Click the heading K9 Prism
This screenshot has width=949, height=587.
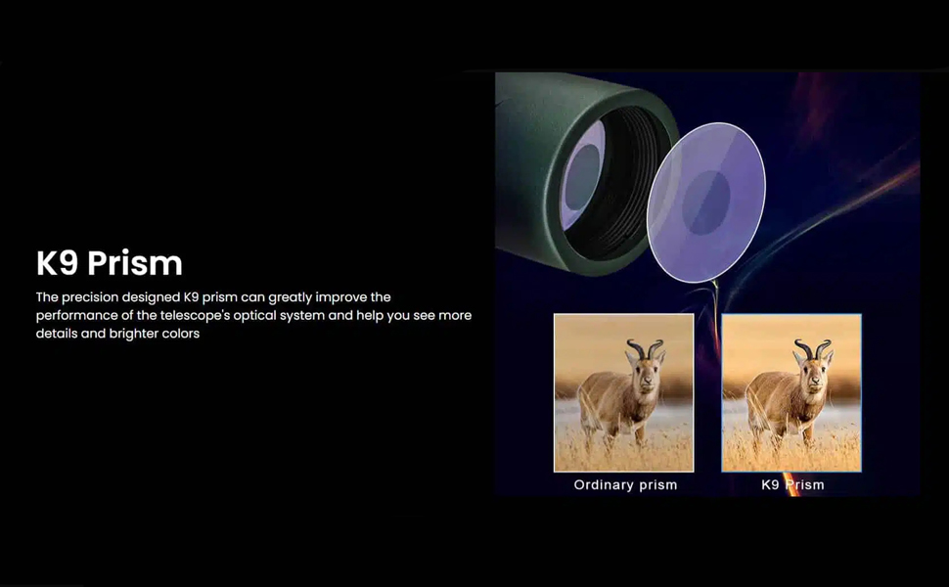(x=109, y=263)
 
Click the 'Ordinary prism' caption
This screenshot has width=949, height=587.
(x=625, y=484)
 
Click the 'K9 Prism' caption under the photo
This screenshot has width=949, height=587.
(x=792, y=484)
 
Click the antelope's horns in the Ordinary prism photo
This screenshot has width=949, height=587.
(x=645, y=348)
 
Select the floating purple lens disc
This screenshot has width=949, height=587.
(x=705, y=203)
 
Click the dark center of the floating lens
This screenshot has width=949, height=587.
(x=706, y=203)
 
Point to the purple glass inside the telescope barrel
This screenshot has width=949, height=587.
(x=582, y=175)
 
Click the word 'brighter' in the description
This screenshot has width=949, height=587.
(x=134, y=334)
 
